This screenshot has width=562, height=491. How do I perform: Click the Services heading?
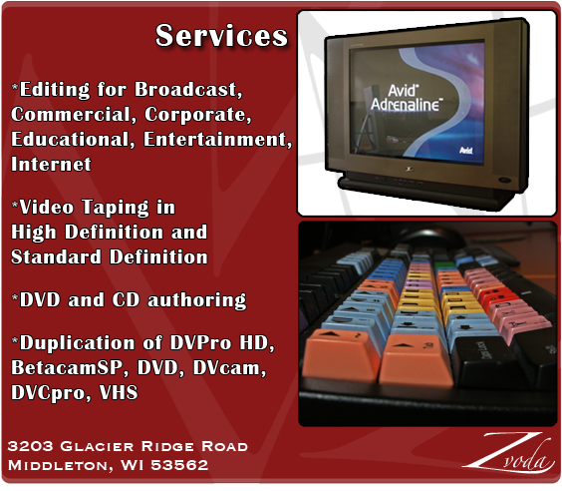pyautogui.click(x=221, y=36)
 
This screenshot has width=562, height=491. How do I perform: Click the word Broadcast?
pyautogui.click(x=188, y=89)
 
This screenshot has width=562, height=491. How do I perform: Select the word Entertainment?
pyautogui.click(x=218, y=139)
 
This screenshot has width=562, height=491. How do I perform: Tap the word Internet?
pyautogui.click(x=51, y=164)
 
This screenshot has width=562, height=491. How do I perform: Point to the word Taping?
pyautogui.click(x=116, y=208)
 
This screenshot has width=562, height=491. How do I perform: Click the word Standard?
pyautogui.click(x=56, y=257)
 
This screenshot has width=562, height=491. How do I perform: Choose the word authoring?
pyautogui.click(x=197, y=300)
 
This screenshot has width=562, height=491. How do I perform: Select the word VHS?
pyautogui.click(x=119, y=392)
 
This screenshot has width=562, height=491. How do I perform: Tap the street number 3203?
pyautogui.click(x=31, y=446)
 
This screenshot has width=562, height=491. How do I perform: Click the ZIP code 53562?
pyautogui.click(x=179, y=465)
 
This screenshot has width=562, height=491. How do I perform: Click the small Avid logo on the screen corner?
pyautogui.click(x=466, y=151)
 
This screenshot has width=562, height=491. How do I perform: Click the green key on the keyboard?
pyautogui.click(x=444, y=265)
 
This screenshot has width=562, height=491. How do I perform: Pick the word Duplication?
pyautogui.click(x=77, y=343)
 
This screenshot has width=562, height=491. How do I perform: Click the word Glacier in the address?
pyautogui.click(x=97, y=446)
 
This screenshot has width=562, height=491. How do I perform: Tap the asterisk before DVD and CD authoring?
pyautogui.click(x=15, y=297)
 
